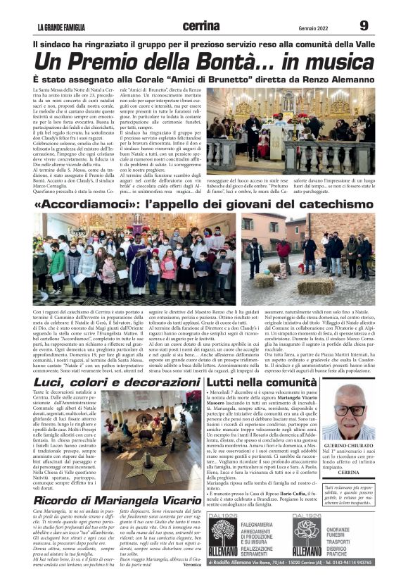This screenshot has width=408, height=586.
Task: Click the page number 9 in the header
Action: point(364,25)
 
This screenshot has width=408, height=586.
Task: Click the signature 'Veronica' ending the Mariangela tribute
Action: point(191,583)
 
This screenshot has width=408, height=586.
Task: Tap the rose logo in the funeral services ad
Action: point(307,544)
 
